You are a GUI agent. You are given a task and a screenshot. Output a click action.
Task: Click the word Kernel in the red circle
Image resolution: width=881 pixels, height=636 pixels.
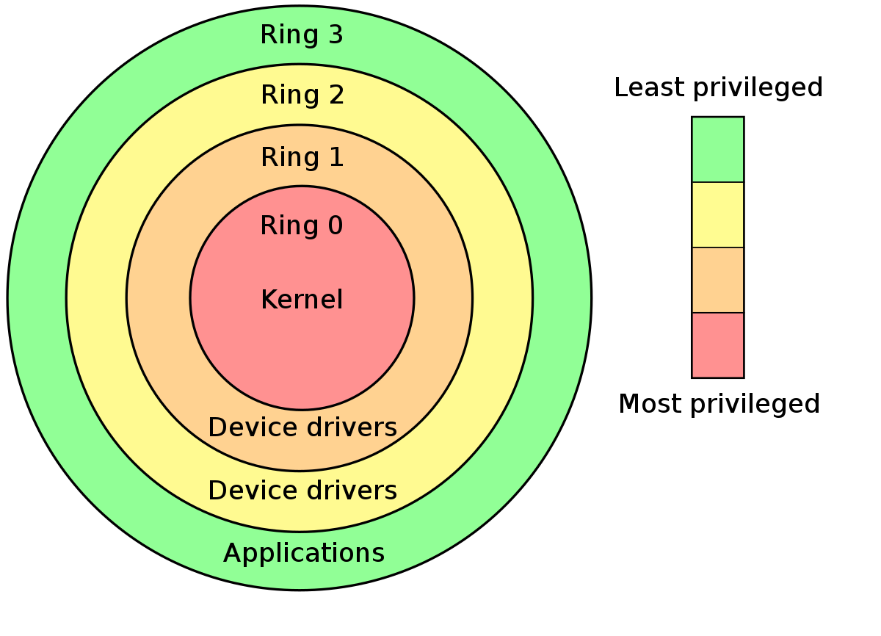[302, 300]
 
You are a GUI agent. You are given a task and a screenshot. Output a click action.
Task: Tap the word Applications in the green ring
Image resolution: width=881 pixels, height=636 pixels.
[303, 553]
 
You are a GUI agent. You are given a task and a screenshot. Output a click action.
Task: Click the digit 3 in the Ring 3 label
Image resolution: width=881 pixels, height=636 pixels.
[336, 35]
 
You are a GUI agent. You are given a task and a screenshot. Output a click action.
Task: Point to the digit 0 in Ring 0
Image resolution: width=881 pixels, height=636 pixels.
[335, 225]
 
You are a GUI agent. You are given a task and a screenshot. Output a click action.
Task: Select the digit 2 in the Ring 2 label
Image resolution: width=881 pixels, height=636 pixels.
[336, 95]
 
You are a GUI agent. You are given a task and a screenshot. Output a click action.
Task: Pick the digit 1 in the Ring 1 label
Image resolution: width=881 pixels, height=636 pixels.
[336, 157]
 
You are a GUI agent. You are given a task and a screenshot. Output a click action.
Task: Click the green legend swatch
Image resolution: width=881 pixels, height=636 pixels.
[717, 149]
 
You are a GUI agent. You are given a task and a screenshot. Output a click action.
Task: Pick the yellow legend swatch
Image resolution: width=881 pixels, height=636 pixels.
[717, 214]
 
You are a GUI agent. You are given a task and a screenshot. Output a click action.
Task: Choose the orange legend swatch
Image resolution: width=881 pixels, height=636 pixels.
[717, 280]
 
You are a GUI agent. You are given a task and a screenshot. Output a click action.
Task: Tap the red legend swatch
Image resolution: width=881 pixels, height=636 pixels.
[717, 345]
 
